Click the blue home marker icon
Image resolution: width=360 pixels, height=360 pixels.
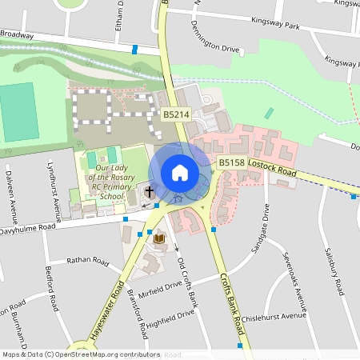pyautogui.click(x=179, y=172)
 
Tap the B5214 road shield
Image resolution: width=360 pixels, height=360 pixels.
pyautogui.click(x=176, y=115)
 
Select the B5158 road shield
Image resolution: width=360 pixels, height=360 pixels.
pyautogui.click(x=231, y=162)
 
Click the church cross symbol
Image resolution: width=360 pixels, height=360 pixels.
pyautogui.click(x=149, y=193)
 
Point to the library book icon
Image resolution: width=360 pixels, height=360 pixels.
pyautogui.click(x=158, y=238)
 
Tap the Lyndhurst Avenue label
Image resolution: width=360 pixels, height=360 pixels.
pyautogui.click(x=54, y=185)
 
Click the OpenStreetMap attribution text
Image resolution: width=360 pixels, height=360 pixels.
pyautogui.click(x=81, y=354)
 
